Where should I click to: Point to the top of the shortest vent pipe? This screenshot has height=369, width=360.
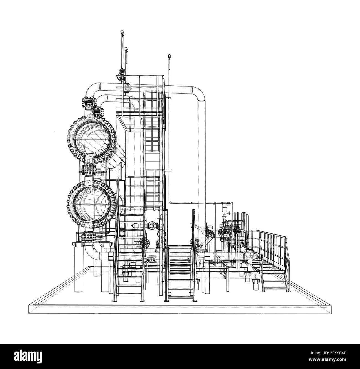(x=169, y=55)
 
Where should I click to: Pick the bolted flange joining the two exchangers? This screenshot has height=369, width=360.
(x=88, y=170)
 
